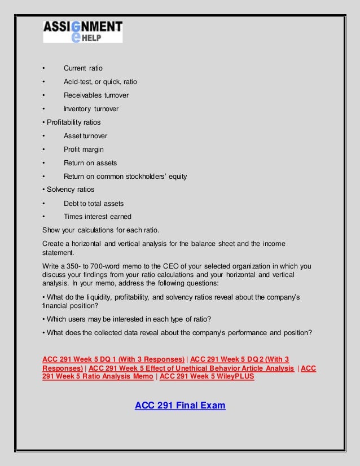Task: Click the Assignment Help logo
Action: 83,32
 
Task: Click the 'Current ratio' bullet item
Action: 83,68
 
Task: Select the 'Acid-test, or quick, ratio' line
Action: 100,82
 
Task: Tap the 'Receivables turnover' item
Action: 96,95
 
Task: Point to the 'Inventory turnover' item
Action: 91,109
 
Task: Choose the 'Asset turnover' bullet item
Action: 85,136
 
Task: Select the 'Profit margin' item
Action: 84,150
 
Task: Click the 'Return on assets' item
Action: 90,163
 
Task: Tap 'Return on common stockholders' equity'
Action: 125,177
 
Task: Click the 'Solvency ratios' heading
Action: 68,190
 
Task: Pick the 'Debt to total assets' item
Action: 94,203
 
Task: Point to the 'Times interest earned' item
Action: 98,217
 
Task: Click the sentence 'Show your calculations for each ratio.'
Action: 101,230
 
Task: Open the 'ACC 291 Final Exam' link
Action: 180,405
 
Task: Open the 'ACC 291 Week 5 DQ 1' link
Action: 113,360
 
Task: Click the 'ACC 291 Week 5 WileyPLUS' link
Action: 207,377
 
